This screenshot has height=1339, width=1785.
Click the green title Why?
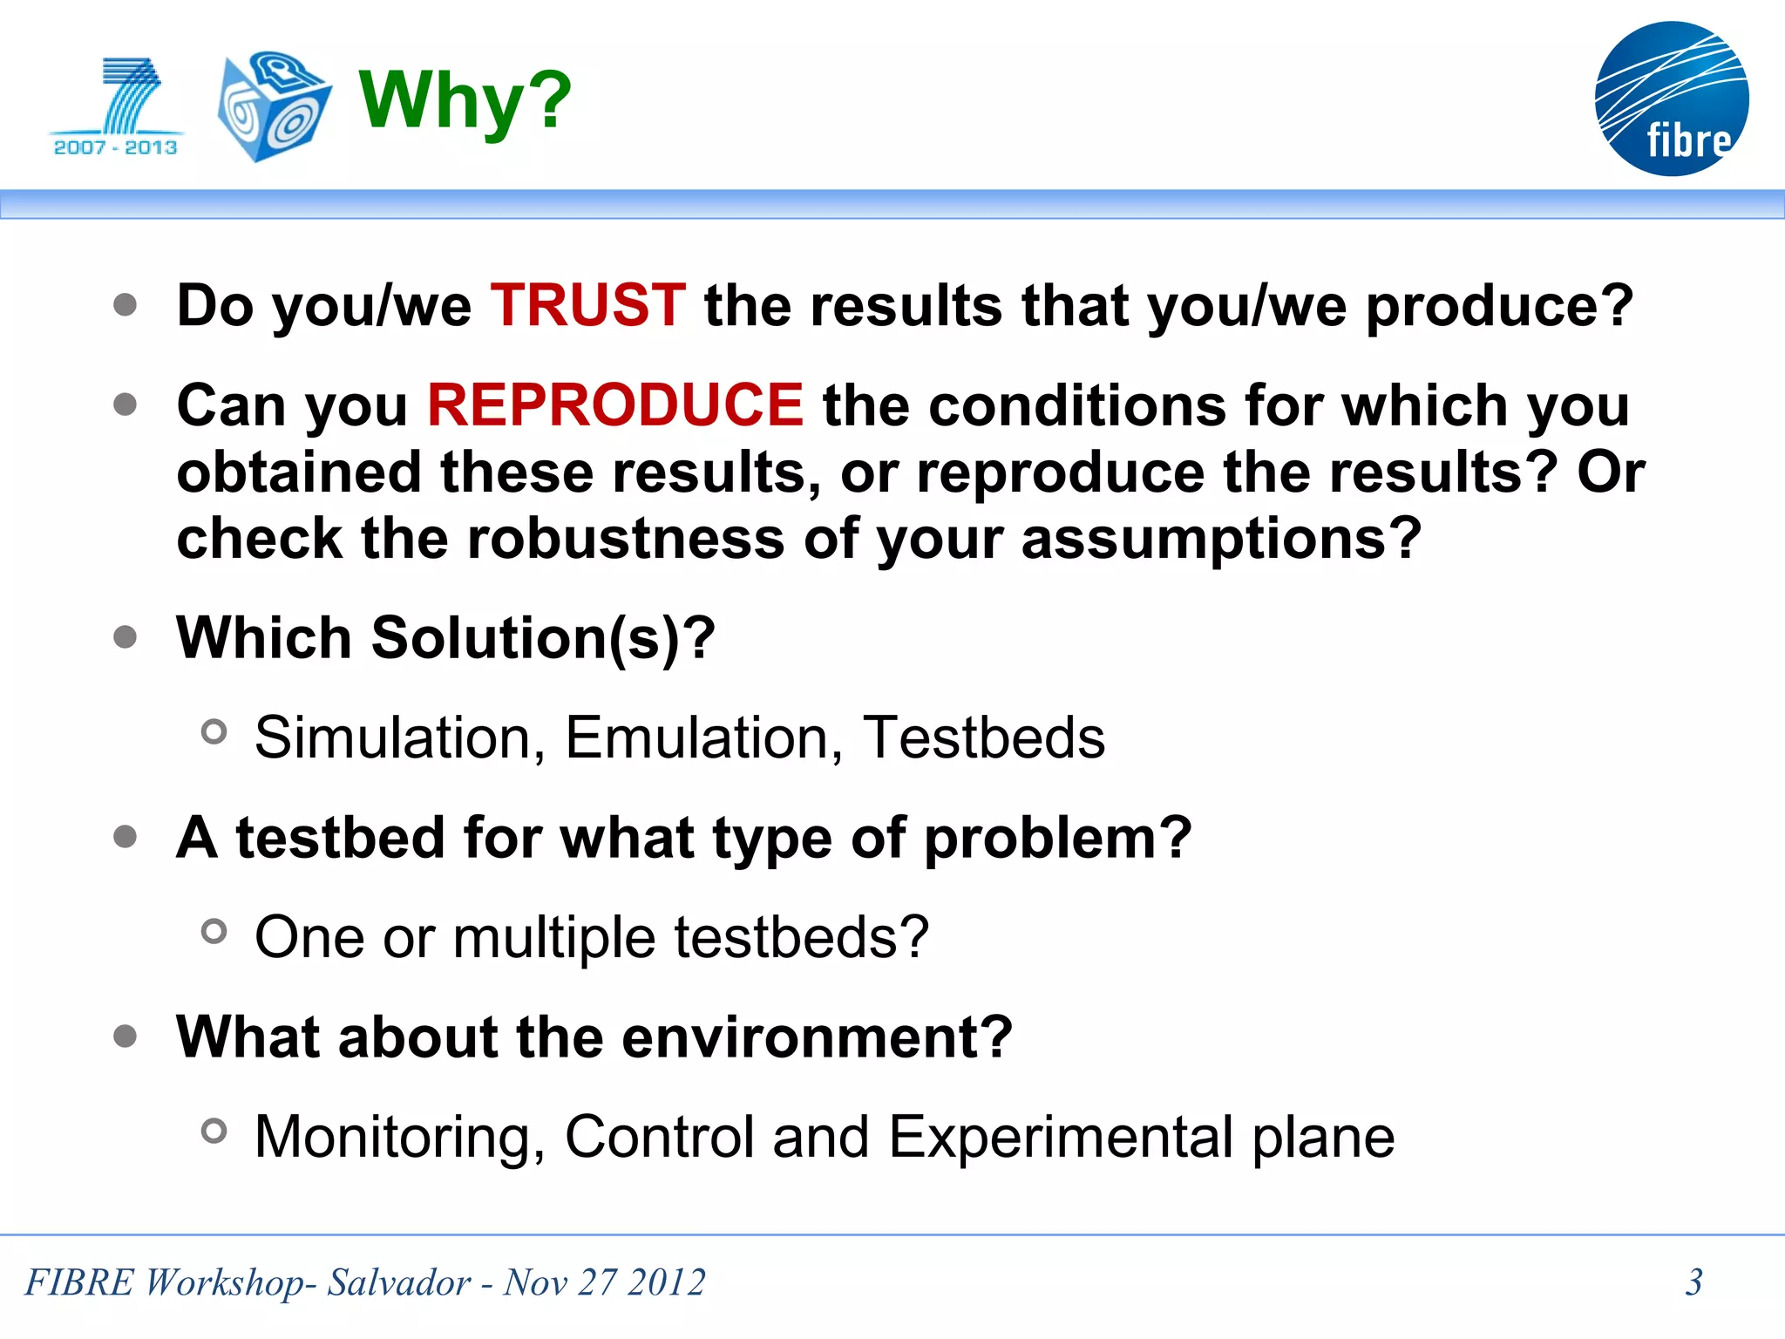point(465,100)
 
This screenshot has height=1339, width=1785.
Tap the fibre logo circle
point(1671,99)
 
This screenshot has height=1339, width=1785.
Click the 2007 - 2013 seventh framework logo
point(116,106)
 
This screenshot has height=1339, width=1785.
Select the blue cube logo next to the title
point(273,105)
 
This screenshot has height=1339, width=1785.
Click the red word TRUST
point(587,305)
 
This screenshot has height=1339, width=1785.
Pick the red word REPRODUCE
point(614,405)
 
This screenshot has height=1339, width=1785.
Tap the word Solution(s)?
point(543,637)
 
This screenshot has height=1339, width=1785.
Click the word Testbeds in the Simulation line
point(983,737)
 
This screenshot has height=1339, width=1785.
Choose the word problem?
point(1057,838)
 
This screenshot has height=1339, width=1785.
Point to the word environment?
point(817,1037)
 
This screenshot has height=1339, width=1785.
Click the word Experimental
point(1061,1138)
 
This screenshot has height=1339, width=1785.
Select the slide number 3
point(1693,1282)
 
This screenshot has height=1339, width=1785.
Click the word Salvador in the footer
point(398,1282)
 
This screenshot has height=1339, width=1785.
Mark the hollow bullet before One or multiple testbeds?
point(214,932)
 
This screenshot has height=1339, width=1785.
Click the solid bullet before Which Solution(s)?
point(126,636)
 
